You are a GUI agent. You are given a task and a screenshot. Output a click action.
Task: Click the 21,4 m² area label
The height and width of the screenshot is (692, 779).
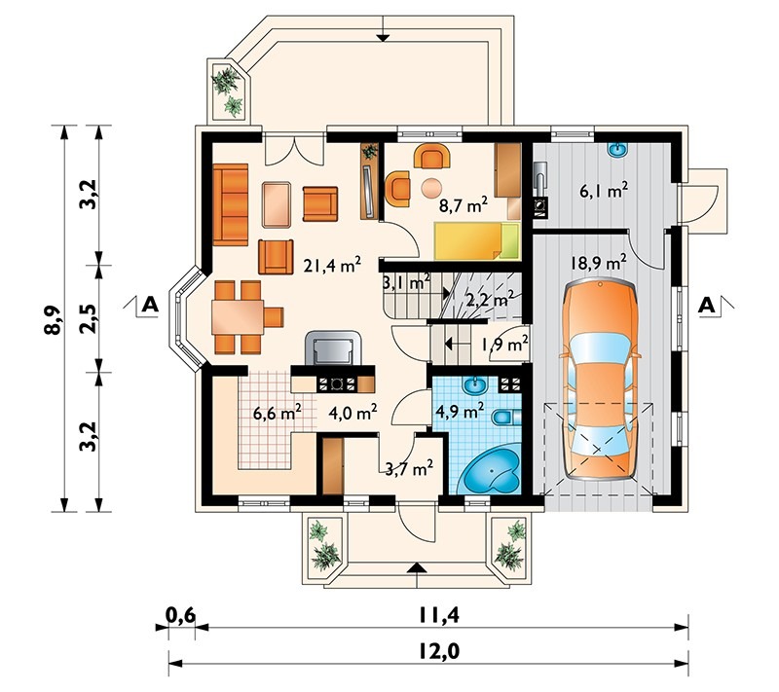tap(332, 265)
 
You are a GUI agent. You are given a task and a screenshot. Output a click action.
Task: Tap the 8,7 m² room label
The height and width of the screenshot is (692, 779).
tap(464, 204)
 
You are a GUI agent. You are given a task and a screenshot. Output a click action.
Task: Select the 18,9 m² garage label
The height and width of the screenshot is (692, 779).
tap(598, 262)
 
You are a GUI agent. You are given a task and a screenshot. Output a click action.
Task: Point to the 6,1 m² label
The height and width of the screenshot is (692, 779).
tap(604, 190)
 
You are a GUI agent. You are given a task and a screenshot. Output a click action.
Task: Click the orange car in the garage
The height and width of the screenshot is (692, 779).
tap(600, 379)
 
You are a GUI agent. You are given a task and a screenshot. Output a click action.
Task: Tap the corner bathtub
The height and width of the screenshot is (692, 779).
tap(489, 470)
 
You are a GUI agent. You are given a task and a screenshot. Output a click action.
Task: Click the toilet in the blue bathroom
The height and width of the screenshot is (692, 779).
tap(506, 418)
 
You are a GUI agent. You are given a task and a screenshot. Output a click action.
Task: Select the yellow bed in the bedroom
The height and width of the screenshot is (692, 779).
tap(477, 241)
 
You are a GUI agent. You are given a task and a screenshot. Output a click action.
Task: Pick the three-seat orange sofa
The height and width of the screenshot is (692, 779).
tap(231, 204)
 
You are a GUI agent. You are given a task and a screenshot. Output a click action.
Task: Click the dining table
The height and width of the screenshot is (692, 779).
tap(238, 316)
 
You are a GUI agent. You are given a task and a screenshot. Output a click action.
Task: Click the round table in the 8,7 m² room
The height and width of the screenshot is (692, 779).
tap(431, 188)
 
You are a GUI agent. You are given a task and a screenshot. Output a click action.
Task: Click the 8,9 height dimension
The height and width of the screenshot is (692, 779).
tap(53, 319)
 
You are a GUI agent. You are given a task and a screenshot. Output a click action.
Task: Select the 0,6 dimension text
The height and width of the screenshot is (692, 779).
tap(180, 615)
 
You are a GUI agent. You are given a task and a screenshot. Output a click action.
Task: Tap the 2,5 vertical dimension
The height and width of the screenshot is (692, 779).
tap(88, 318)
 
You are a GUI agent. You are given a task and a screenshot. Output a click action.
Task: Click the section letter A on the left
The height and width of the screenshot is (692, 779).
tap(150, 304)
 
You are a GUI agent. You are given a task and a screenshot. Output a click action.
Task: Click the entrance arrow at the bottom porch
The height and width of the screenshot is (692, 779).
tap(418, 567)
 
